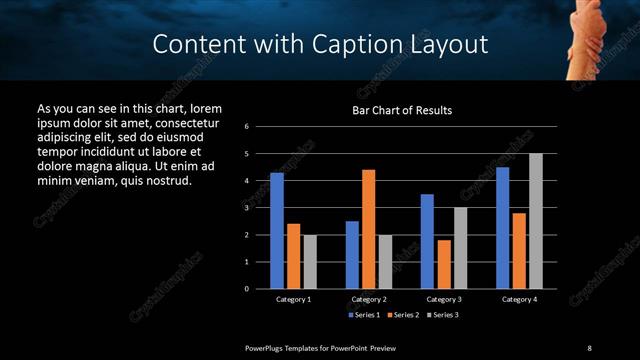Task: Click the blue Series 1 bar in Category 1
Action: pos(277,231)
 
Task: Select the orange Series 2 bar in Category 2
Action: pos(368,229)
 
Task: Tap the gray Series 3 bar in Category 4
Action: pos(536,221)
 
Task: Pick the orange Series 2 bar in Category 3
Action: pos(444,264)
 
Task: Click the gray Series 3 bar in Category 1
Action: pos(310,262)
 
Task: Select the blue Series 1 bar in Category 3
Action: pos(427,241)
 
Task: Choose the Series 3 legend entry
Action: pos(444,315)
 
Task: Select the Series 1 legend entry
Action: pos(364,315)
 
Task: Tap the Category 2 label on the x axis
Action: pos(369,299)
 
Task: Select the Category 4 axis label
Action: pos(519,299)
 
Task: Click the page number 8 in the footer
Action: pos(589,347)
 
